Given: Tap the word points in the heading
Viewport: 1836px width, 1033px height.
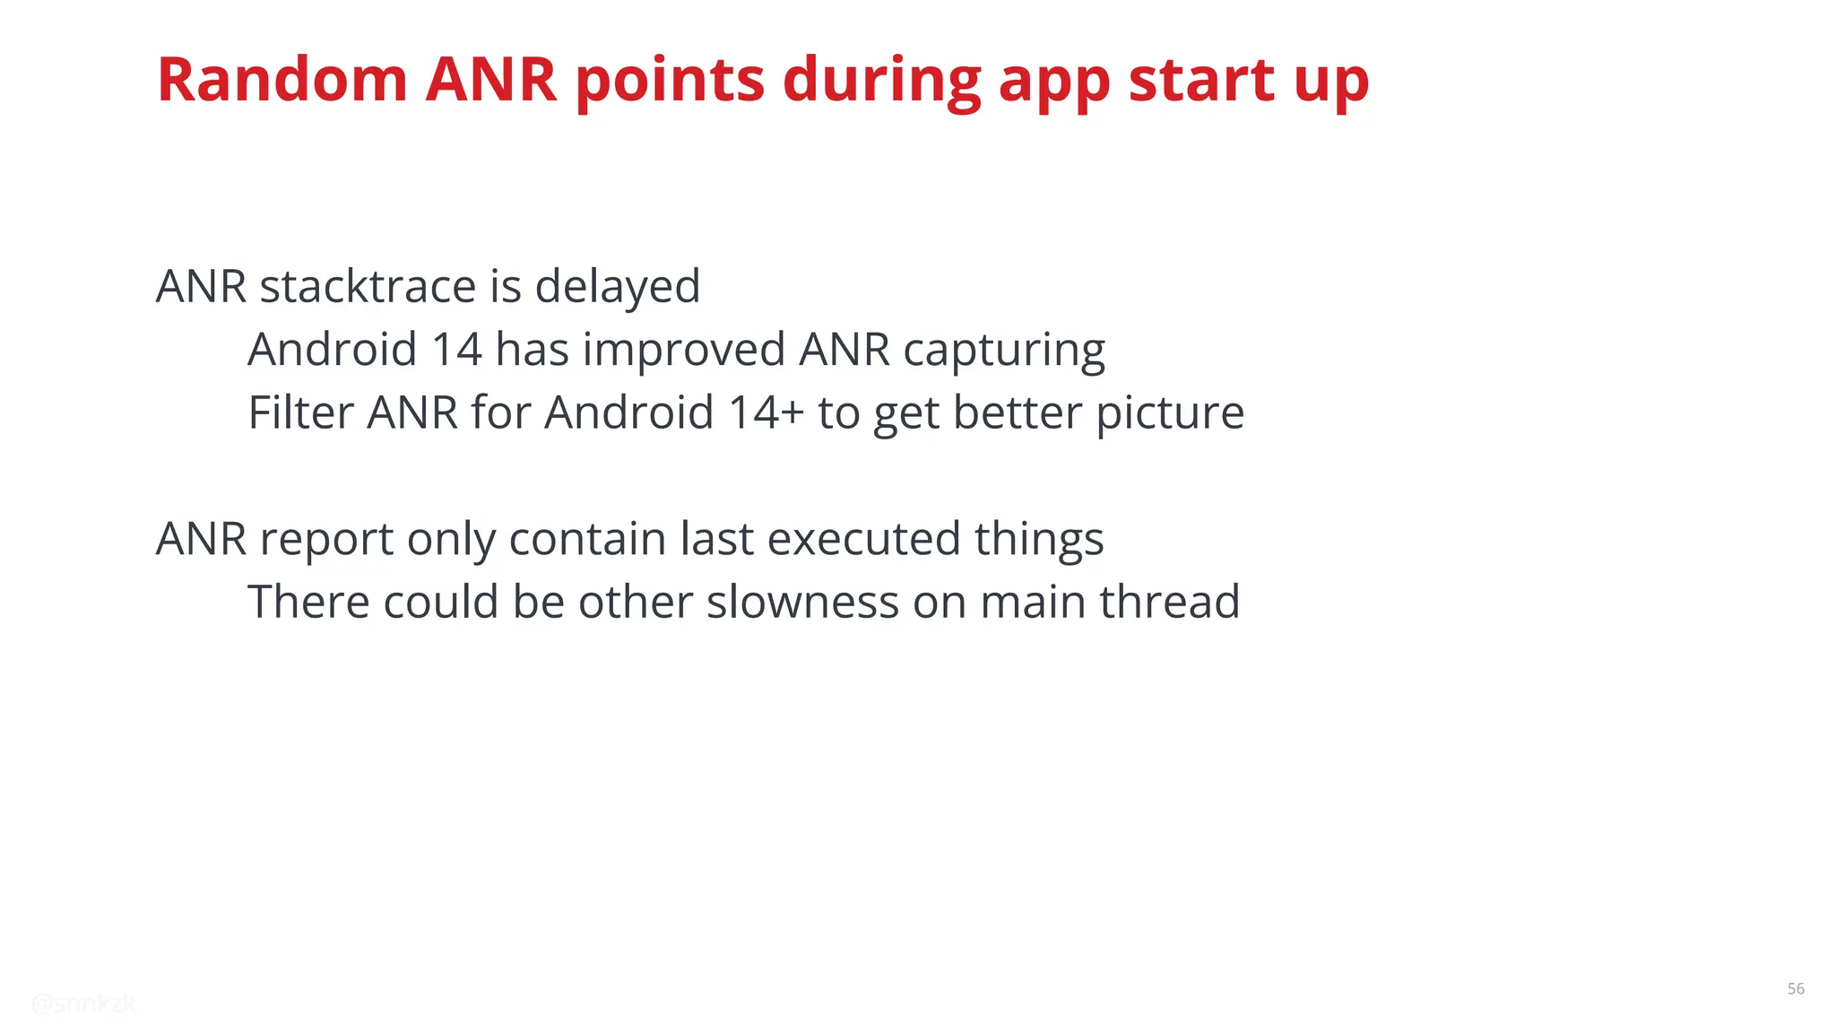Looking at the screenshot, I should point(670,80).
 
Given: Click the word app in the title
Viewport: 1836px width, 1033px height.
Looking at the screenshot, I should point(1054,80).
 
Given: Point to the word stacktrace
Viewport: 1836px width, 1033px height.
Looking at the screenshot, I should point(368,287).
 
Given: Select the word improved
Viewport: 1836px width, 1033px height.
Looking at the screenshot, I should point(683,350).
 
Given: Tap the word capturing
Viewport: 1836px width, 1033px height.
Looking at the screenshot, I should point(1004,350).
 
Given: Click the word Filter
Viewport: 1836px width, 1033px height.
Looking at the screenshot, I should point(300,413).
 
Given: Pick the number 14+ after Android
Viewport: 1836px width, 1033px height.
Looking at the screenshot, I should point(766,413).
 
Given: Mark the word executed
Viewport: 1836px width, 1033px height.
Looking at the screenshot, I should point(863,540).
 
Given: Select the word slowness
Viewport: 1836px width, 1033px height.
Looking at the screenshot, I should point(801,603).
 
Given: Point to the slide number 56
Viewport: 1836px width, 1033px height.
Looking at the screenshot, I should point(1796,989).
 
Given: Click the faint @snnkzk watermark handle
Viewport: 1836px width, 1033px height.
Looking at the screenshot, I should point(83,1004).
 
